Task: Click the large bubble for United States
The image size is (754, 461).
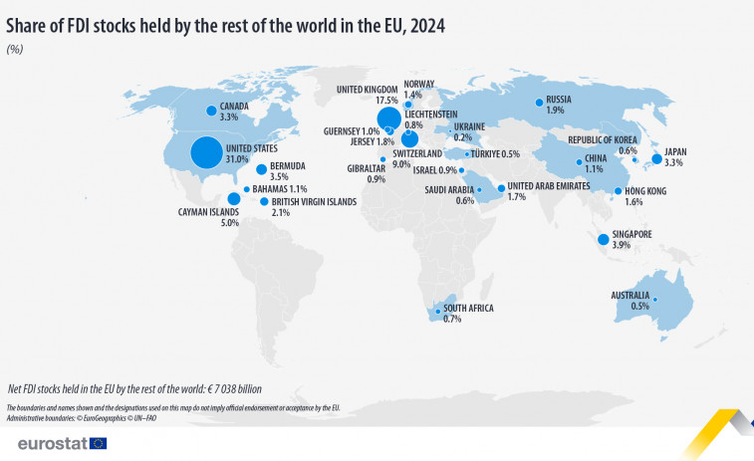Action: click(x=206, y=152)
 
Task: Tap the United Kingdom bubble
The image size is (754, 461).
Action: click(x=388, y=118)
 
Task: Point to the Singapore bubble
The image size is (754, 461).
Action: click(x=603, y=239)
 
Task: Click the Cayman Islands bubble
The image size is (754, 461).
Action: click(x=233, y=197)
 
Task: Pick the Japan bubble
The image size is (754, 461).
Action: click(x=656, y=158)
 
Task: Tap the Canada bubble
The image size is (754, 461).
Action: click(x=210, y=111)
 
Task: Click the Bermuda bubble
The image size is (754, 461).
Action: click(x=261, y=169)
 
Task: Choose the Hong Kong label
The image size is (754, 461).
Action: click(x=646, y=190)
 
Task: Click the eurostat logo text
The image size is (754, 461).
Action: click(x=44, y=442)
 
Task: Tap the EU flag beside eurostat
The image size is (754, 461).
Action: click(x=98, y=442)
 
